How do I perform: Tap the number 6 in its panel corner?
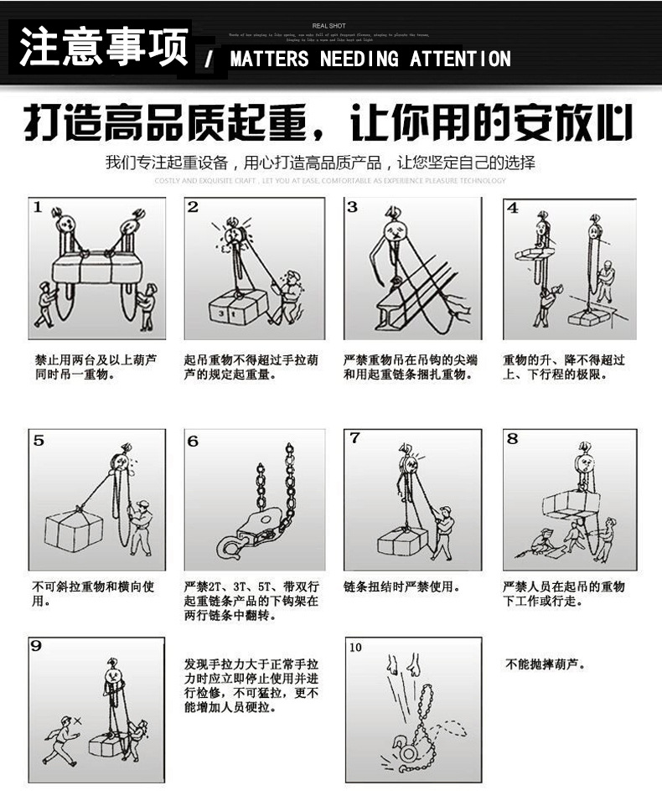(193, 441)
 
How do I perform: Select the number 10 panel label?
(356, 647)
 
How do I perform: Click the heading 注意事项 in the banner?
(103, 47)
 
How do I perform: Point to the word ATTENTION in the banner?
(460, 59)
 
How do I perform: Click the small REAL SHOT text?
(328, 26)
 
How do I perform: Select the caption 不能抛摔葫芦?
(546, 664)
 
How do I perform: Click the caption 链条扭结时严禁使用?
(402, 586)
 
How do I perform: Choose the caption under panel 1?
(96, 367)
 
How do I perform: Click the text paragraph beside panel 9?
(251, 684)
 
